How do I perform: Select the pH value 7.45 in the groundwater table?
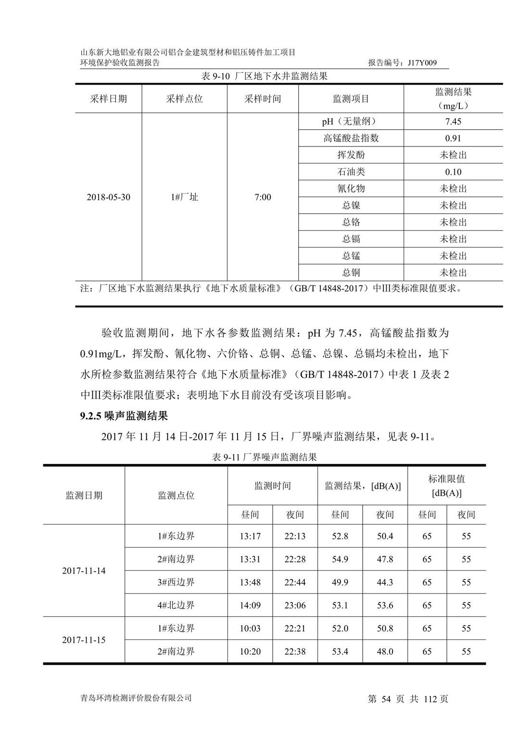click(x=453, y=122)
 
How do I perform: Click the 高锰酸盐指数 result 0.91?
click(x=453, y=138)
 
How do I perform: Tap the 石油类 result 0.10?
click(x=453, y=172)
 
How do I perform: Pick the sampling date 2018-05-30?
click(x=108, y=197)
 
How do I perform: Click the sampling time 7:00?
click(x=263, y=197)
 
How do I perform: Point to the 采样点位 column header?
click(x=185, y=99)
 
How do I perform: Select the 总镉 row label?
click(x=351, y=239)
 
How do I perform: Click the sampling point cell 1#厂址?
click(x=185, y=197)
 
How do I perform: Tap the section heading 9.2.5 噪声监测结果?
click(x=124, y=416)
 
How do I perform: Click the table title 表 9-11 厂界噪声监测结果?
click(x=264, y=457)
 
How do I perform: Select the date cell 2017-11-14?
click(x=84, y=571)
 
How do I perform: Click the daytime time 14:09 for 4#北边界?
click(x=250, y=606)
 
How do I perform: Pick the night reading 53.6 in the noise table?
click(x=385, y=606)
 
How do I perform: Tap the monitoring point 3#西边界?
click(x=176, y=583)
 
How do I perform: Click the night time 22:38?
click(x=295, y=652)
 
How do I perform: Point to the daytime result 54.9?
click(x=340, y=560)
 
